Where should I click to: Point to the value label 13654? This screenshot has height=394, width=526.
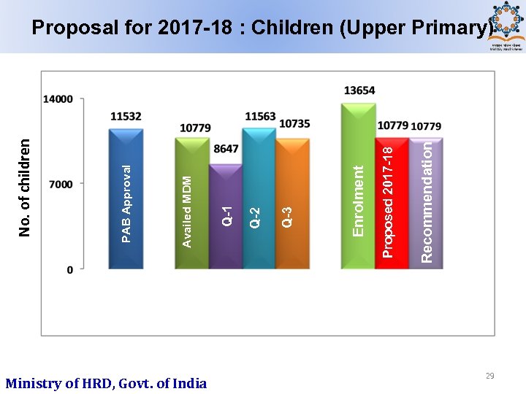359,90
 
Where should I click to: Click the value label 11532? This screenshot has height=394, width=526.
126,116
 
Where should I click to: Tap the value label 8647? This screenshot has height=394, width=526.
226,148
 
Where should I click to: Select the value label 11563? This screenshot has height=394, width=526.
260,116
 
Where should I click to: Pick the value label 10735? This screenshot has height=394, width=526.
294,124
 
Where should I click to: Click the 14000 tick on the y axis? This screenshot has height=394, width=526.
58,99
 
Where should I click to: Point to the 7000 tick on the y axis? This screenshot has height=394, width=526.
61,185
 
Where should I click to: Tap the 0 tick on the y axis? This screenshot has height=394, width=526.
69,270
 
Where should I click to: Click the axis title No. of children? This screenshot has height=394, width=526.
25,188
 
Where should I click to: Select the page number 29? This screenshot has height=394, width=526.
489,376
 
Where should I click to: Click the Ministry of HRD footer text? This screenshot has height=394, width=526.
106,383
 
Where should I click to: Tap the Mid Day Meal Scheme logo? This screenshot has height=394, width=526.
506,26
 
